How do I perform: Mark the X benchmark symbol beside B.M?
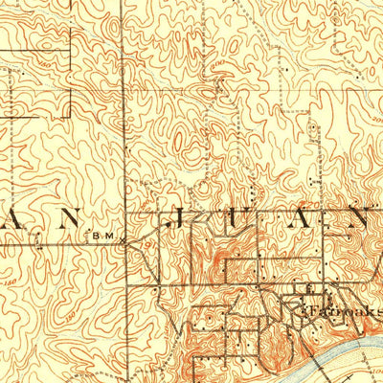124,242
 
